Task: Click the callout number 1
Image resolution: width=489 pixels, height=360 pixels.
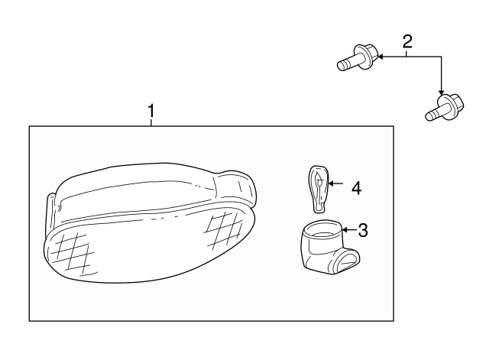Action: [151, 112]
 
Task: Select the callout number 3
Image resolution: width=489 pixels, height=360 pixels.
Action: [363, 229]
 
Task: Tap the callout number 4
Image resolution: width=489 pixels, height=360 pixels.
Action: [355, 186]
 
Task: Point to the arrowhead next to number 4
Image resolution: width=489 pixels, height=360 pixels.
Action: [332, 183]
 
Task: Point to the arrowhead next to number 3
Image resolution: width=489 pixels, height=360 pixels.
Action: [345, 228]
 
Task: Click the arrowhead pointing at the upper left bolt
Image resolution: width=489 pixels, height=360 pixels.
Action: [378, 56]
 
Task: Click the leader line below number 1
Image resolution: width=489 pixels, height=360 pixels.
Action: [151, 122]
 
